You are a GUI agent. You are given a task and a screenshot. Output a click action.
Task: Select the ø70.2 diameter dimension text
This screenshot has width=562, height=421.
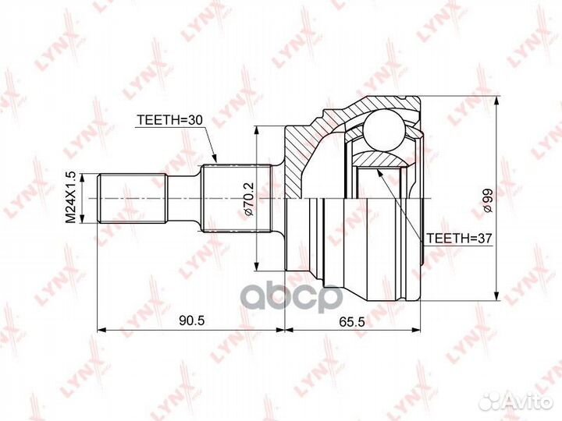click(x=245, y=200)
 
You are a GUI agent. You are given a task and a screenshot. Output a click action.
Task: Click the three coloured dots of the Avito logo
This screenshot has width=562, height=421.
click(x=491, y=401)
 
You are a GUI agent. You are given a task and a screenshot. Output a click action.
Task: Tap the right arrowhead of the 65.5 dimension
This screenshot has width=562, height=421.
click(x=418, y=330)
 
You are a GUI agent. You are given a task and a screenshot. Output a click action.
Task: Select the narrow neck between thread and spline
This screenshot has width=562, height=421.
click(x=184, y=199)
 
